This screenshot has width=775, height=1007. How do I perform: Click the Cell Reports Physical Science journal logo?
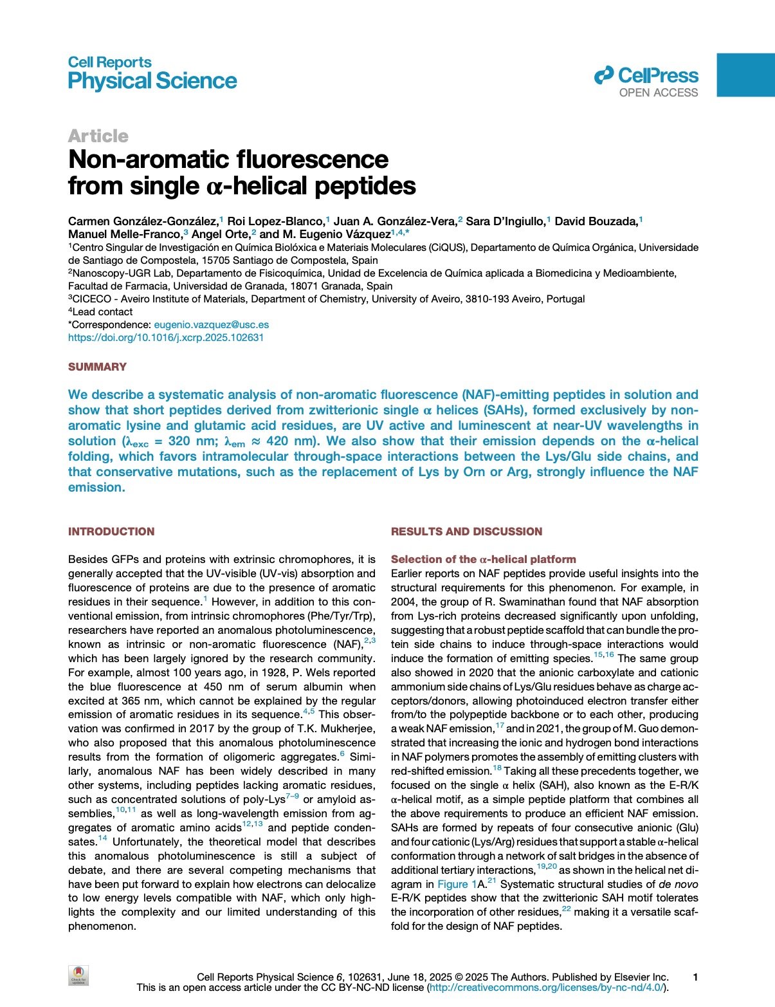click(152, 73)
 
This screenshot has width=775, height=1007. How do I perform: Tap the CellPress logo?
click(646, 77)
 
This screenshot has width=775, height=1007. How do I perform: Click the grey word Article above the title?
click(98, 136)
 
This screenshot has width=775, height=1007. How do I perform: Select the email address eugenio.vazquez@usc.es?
click(211, 325)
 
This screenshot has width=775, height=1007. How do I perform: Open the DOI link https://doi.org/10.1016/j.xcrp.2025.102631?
click(166, 338)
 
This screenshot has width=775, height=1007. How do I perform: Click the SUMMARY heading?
click(97, 367)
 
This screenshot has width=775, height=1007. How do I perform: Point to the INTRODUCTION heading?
click(111, 531)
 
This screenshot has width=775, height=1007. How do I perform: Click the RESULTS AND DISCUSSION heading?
click(466, 531)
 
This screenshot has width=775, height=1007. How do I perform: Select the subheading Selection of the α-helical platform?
click(483, 560)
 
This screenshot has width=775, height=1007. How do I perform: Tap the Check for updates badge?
click(78, 975)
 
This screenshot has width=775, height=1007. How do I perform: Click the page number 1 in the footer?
click(695, 977)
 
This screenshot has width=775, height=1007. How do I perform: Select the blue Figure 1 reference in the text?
click(457, 885)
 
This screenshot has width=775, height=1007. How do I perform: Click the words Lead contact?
click(102, 312)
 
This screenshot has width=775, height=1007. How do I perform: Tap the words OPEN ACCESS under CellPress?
click(658, 93)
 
